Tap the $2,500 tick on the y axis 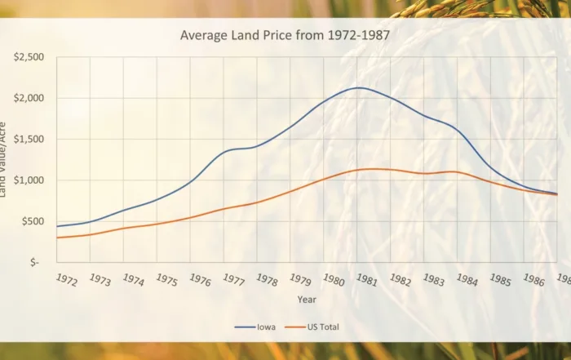[x=29, y=57]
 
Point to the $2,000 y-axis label [x=29, y=98]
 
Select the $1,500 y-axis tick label [x=29, y=140]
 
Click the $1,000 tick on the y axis [x=29, y=180]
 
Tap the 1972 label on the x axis [x=67, y=280]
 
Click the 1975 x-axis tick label [x=166, y=280]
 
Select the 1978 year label [x=267, y=280]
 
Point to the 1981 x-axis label [x=366, y=280]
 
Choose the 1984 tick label [x=467, y=280]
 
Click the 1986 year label [x=533, y=280]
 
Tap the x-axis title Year [x=306, y=300]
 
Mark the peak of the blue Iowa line [x=359, y=87]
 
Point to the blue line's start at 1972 [x=56, y=226]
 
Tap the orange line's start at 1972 [x=56, y=238]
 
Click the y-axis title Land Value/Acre [x=4, y=159]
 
